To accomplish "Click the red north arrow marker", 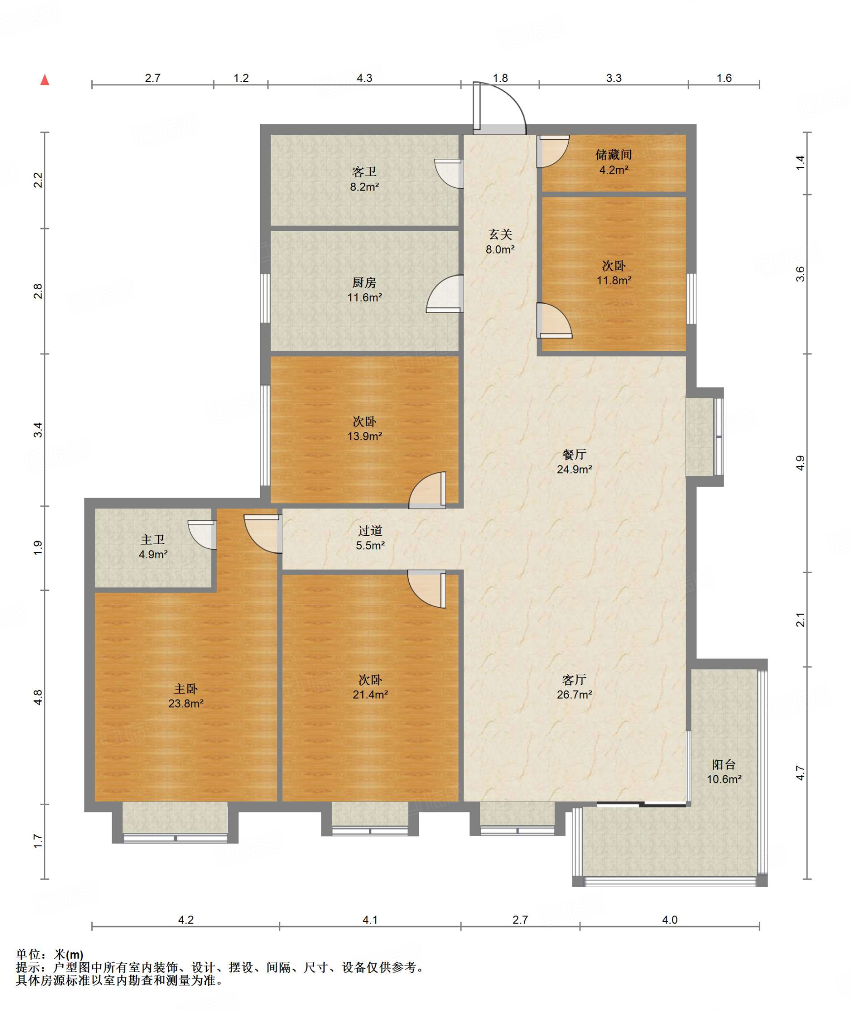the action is (45, 79).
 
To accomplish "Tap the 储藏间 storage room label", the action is (614, 155).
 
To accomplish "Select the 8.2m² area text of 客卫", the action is (364, 187).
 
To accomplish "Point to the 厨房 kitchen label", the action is (364, 282).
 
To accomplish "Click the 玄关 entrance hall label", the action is (500, 234).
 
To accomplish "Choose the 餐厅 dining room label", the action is (574, 454).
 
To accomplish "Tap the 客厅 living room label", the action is (574, 680).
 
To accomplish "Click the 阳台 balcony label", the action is (724, 765).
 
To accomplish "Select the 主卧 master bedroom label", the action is (186, 689).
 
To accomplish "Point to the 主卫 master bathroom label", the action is (153, 540).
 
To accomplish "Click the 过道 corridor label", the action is (370, 531).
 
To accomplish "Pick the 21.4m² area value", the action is (370, 695).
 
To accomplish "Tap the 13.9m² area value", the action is (364, 436).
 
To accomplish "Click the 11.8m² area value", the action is (614, 280).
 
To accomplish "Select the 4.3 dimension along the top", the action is (364, 78).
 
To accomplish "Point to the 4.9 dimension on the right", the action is (800, 463).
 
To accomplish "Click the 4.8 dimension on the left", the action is (38, 697).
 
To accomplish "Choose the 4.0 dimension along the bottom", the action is (669, 920).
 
